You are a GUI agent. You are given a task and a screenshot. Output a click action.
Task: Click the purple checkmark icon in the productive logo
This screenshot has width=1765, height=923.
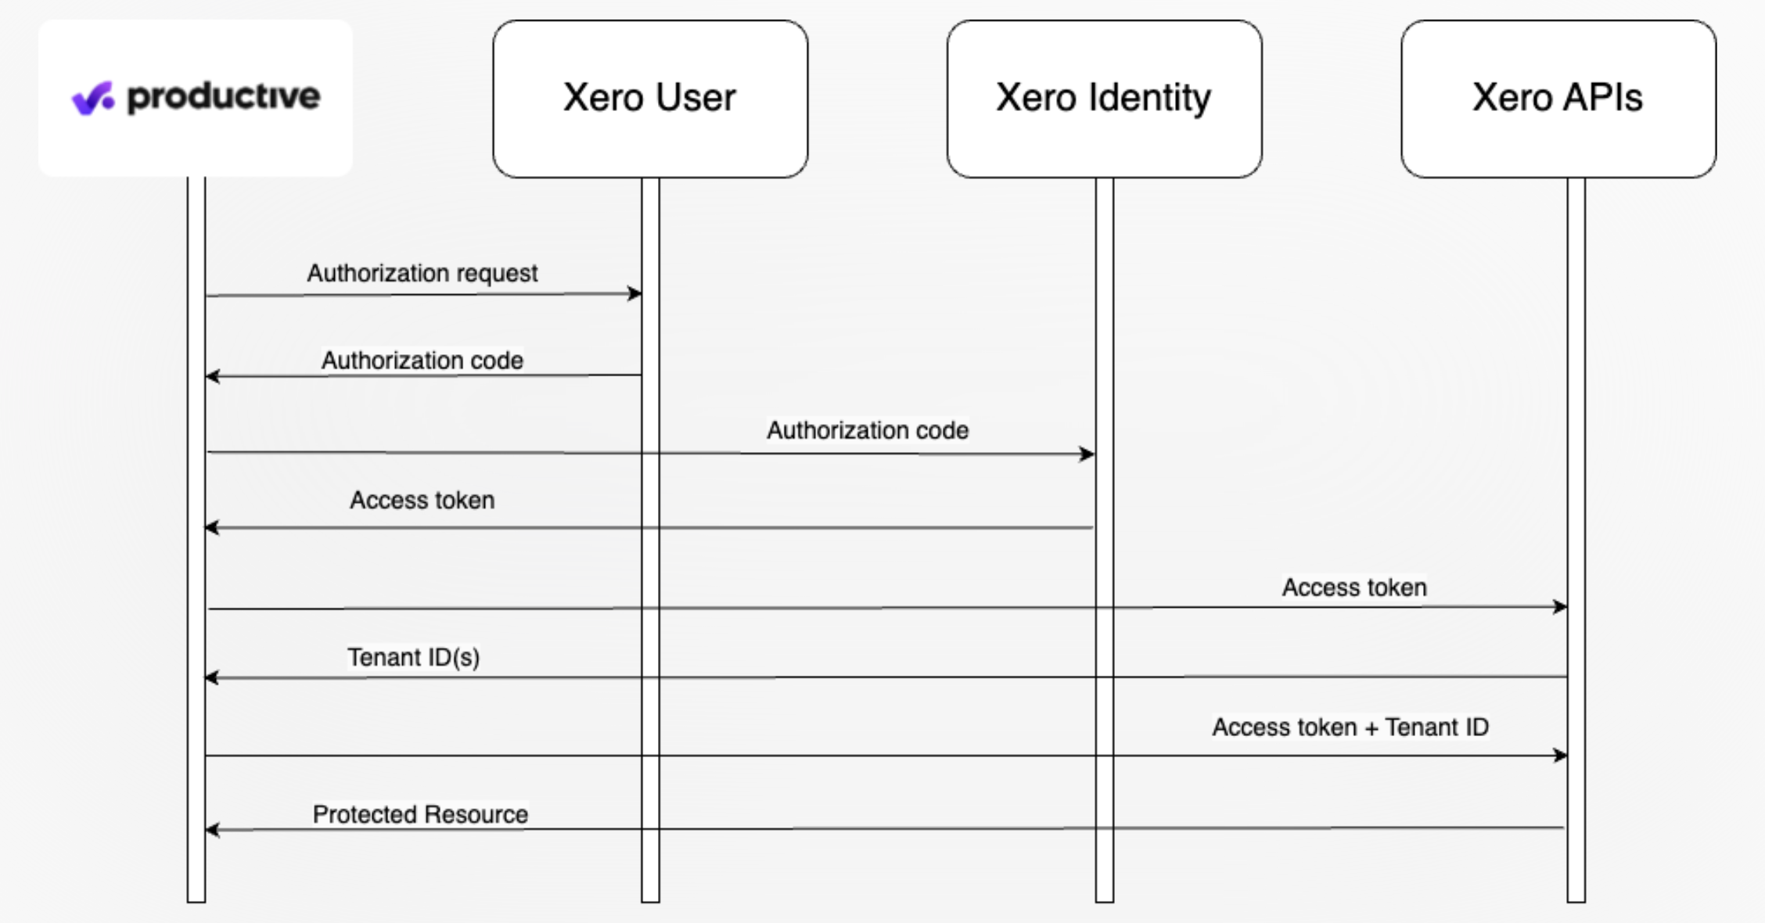93,99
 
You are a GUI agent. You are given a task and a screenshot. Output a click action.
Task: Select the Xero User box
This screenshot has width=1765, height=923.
650,99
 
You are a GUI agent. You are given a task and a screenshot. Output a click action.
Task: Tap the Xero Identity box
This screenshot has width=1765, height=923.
1104,99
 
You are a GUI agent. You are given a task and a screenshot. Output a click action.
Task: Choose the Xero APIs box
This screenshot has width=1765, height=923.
1558,99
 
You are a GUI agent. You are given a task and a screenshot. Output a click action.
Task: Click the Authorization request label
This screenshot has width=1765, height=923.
422,273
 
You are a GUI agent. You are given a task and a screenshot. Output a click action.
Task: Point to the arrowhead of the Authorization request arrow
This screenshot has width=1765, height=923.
634,293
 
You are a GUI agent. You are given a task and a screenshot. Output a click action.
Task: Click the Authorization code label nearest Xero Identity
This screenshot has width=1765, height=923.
868,430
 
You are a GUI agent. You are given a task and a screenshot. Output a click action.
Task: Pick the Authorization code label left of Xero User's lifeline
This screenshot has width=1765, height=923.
422,361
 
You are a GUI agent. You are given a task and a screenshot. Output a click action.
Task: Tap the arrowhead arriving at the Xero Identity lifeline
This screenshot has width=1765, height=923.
1087,454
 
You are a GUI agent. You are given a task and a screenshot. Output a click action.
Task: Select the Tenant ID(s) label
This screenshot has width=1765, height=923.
413,657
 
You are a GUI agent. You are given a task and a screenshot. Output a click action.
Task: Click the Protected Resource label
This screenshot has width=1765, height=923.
420,814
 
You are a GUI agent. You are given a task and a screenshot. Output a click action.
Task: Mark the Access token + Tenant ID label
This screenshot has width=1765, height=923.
1350,727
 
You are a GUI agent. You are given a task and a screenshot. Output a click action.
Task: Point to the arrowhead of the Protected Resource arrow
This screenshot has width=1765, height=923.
213,829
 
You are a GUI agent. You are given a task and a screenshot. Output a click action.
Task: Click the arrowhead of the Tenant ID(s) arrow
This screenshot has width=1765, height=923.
213,677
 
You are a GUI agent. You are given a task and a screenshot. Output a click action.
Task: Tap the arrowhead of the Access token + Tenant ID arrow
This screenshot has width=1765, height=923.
1560,755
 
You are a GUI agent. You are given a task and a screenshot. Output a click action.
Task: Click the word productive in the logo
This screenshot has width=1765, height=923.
224,98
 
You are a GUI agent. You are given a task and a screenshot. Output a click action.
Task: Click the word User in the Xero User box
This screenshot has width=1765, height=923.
696,98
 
